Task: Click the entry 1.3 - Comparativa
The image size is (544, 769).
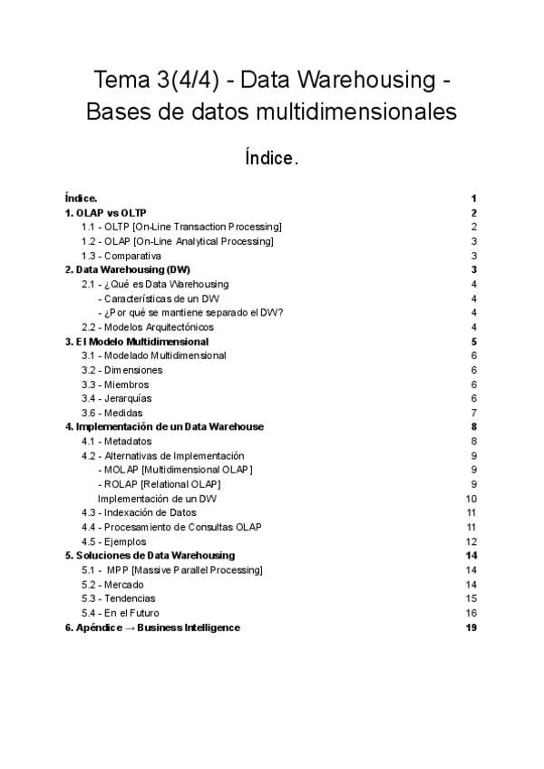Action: coord(121,256)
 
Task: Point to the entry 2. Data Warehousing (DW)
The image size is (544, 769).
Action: coord(127,270)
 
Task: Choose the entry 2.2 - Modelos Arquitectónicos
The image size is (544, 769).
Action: coord(147,326)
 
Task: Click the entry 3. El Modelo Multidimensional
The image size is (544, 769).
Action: coord(137,342)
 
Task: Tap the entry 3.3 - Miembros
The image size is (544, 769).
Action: coord(115,384)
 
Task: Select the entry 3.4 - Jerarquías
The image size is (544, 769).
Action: coord(116,398)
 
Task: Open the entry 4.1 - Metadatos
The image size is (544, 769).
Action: coord(116,441)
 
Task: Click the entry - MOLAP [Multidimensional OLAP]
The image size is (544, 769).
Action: coord(175,470)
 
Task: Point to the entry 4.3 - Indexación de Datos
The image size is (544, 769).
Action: coord(139,512)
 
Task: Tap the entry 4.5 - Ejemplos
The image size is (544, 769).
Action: coord(113,541)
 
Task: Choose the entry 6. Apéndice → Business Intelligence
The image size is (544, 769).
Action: coord(152,628)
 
